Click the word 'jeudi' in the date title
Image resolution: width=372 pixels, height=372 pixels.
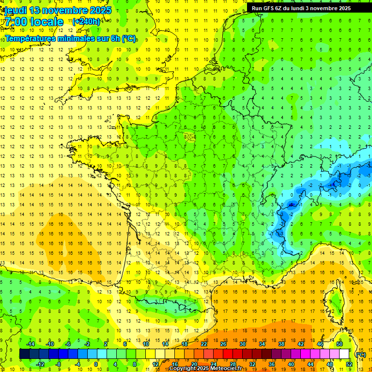click(x=15, y=10)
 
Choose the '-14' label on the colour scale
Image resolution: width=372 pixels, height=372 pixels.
click(x=30, y=344)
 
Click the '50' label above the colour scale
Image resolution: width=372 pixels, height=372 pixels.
click(x=340, y=344)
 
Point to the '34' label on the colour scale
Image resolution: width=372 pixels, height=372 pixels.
click(x=262, y=344)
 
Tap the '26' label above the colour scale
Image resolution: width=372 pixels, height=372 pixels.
click(x=223, y=344)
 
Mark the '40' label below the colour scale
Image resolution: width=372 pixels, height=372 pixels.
click(x=291, y=364)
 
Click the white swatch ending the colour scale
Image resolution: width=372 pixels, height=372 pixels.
click(x=344, y=354)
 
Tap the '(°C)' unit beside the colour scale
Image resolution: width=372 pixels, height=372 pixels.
click(x=360, y=354)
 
